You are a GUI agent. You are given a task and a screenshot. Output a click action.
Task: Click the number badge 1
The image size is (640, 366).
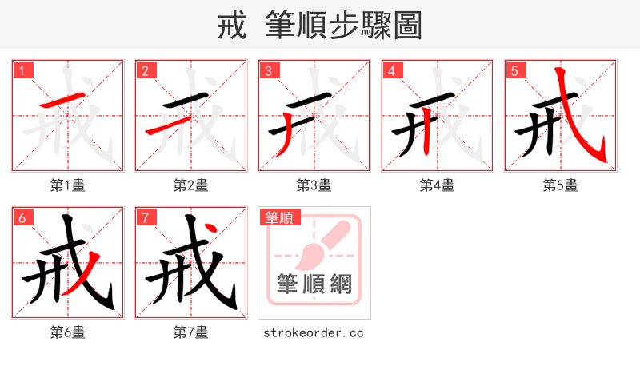pos(22,71)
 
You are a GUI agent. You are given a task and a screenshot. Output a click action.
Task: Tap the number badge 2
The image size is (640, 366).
pos(145,71)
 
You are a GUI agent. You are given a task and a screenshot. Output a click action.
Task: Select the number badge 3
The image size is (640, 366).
pos(268,71)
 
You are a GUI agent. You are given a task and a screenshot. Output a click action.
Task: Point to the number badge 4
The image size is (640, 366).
pos(391,71)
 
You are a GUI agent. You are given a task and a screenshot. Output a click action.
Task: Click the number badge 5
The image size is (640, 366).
pos(514,71)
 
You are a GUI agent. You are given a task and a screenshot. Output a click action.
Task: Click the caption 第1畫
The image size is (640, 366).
pos(68,185)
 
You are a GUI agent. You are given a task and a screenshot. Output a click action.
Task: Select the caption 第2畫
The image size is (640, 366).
pos(191,185)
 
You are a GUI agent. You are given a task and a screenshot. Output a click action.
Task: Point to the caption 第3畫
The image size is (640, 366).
pos(314,185)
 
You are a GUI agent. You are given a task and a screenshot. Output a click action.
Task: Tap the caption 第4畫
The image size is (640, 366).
pos(438,185)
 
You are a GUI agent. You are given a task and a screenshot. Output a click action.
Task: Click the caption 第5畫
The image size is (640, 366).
pos(561,185)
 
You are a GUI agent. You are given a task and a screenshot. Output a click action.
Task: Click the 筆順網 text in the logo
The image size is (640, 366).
pos(314,284)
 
